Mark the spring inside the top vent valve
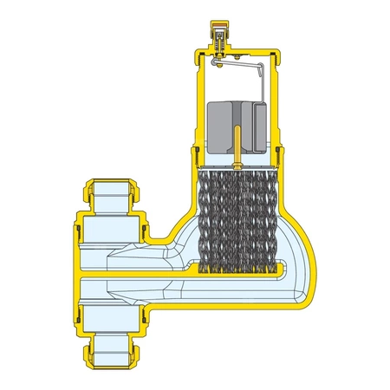pos(220,39)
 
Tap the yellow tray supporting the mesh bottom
pos(237,277)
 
